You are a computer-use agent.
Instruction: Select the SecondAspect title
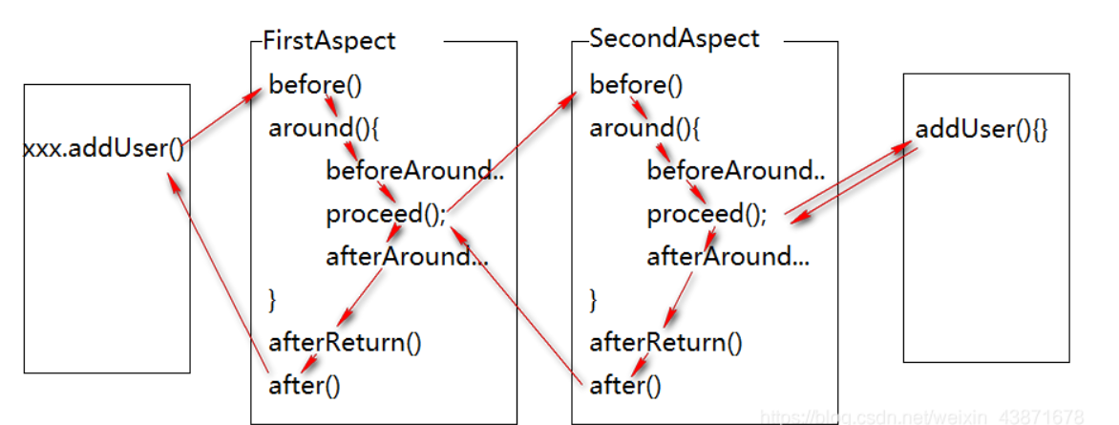tap(674, 39)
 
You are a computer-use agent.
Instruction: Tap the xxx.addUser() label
tap(103, 149)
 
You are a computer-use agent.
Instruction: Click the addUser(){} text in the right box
tap(981, 129)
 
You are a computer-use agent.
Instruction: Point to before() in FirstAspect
tap(315, 85)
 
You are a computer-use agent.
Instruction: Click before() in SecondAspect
tap(636, 85)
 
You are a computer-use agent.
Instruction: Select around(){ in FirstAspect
tap(319, 128)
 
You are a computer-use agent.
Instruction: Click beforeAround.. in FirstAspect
tap(414, 171)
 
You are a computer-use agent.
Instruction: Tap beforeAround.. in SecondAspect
tap(735, 171)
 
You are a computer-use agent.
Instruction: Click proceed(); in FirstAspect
tap(386, 214)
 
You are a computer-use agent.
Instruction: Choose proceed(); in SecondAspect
tap(707, 214)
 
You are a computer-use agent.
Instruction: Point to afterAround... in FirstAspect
tap(407, 256)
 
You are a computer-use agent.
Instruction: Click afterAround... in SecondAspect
tap(728, 256)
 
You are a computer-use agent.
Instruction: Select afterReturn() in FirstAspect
tap(345, 342)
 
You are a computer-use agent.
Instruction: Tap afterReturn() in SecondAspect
tap(665, 342)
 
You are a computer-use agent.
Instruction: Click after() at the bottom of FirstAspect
tap(305, 385)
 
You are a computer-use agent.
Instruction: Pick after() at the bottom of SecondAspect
tap(625, 385)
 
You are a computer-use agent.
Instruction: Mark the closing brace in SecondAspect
tap(594, 299)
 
